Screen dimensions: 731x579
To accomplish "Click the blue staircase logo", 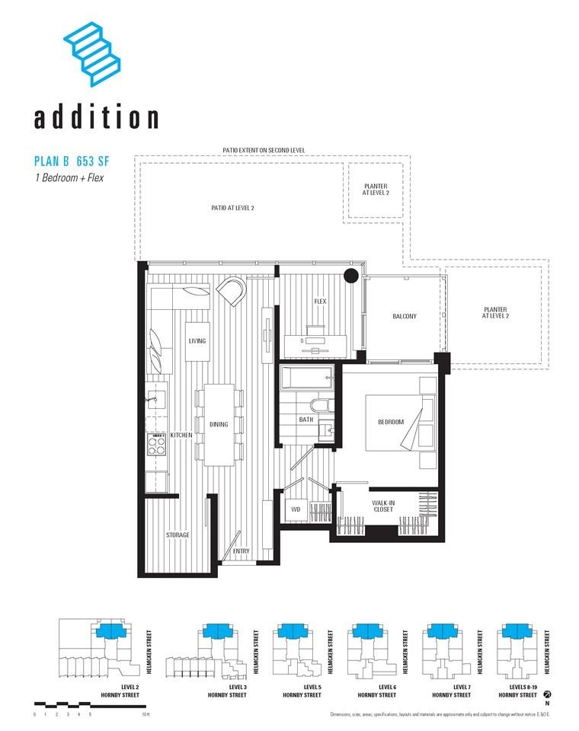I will pyautogui.click(x=93, y=53).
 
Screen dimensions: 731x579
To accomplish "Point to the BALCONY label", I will pyautogui.click(x=404, y=317).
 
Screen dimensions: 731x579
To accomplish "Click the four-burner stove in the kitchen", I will pyautogui.click(x=156, y=445).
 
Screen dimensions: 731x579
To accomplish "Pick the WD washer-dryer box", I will pyautogui.click(x=296, y=509).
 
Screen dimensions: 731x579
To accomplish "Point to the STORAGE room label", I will pyautogui.click(x=178, y=535).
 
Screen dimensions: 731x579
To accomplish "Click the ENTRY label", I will pyautogui.click(x=241, y=551).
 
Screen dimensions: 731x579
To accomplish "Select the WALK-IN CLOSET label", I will pyautogui.click(x=382, y=506).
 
